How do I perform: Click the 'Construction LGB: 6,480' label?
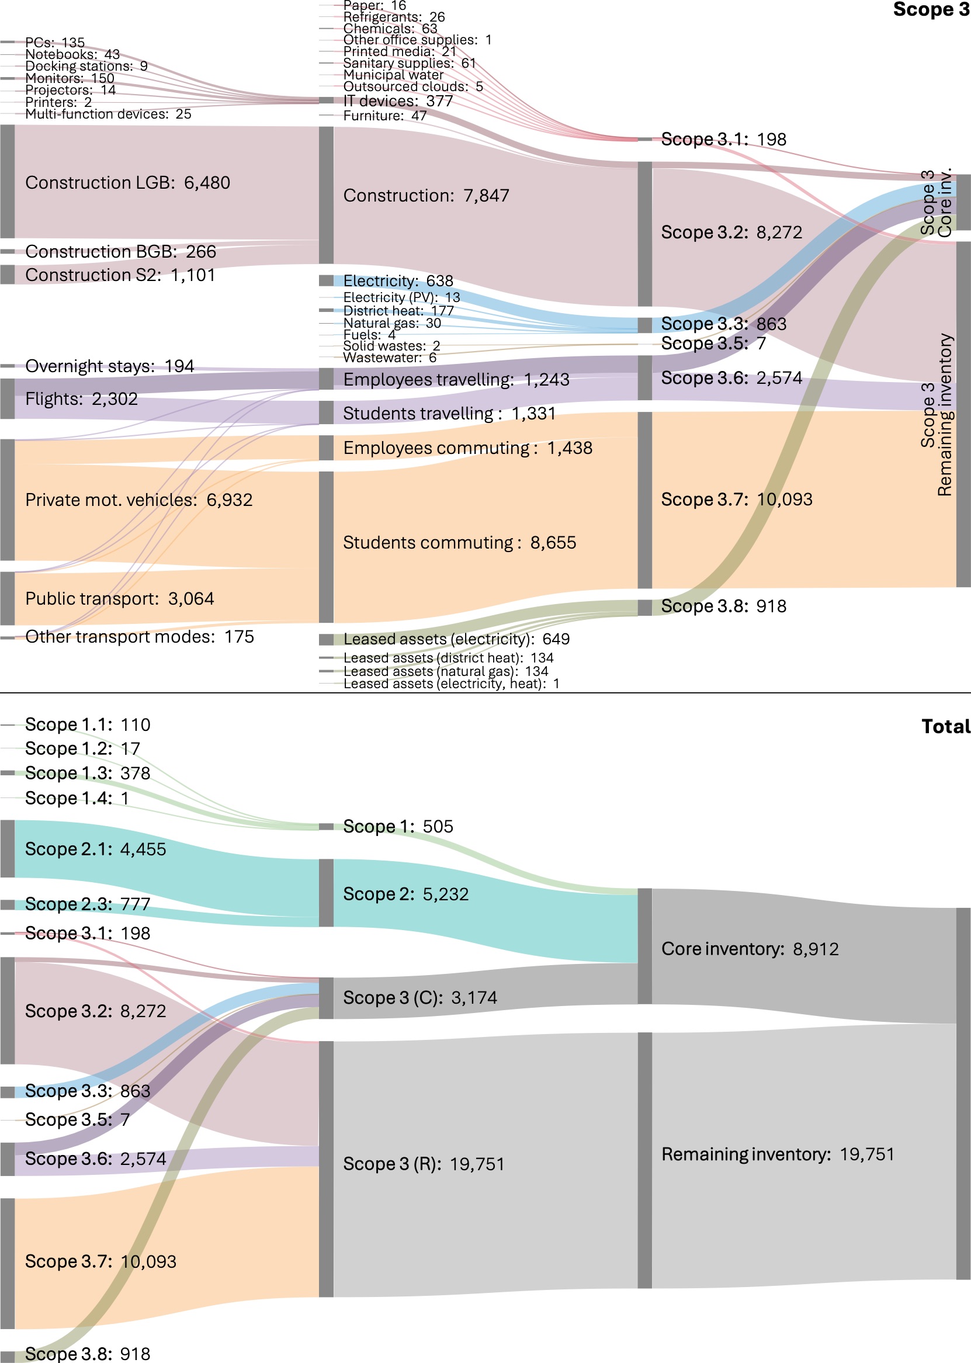click(127, 183)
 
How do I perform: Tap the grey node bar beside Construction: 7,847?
click(326, 195)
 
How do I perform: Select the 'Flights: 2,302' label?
click(81, 399)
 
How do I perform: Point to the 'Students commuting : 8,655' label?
click(459, 543)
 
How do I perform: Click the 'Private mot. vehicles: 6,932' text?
click(138, 500)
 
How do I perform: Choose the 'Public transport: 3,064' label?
click(120, 598)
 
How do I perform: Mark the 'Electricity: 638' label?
click(398, 281)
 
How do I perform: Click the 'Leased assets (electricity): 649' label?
click(456, 639)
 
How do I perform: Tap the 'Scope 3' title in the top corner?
click(931, 9)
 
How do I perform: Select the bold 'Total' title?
click(945, 726)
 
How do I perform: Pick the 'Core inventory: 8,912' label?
click(750, 949)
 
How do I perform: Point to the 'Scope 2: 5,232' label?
click(405, 894)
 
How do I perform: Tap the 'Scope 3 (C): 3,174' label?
click(419, 997)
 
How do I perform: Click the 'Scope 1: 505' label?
click(398, 826)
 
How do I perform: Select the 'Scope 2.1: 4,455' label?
click(96, 849)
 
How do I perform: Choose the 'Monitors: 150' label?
click(70, 78)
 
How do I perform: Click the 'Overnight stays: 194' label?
click(109, 366)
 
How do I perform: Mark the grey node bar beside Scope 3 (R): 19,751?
click(326, 1168)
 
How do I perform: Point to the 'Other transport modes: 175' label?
click(139, 637)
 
